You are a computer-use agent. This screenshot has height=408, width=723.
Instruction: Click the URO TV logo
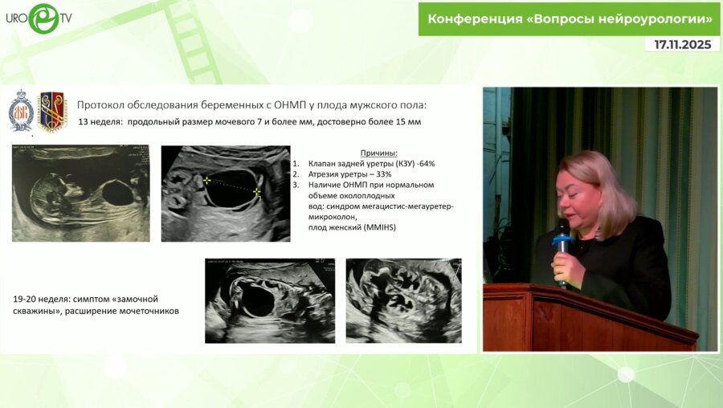coord(39,18)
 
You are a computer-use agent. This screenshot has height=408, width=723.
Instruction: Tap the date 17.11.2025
coord(683,45)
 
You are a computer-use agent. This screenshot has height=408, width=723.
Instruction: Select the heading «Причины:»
coord(378,153)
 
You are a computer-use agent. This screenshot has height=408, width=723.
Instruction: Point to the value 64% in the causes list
coord(427,164)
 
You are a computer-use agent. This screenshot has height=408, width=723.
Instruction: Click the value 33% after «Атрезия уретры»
coord(384,174)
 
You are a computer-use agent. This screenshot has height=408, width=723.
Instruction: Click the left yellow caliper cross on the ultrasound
coord(206,180)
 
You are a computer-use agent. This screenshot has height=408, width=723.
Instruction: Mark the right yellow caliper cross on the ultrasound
coord(257,192)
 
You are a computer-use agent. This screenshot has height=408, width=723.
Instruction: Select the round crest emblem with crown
coord(21,111)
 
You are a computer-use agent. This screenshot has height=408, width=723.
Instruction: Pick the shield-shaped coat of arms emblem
coord(52,111)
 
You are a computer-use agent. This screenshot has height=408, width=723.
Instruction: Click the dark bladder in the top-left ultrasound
coord(118,192)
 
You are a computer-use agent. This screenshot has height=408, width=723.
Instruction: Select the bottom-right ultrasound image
coord(404,300)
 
